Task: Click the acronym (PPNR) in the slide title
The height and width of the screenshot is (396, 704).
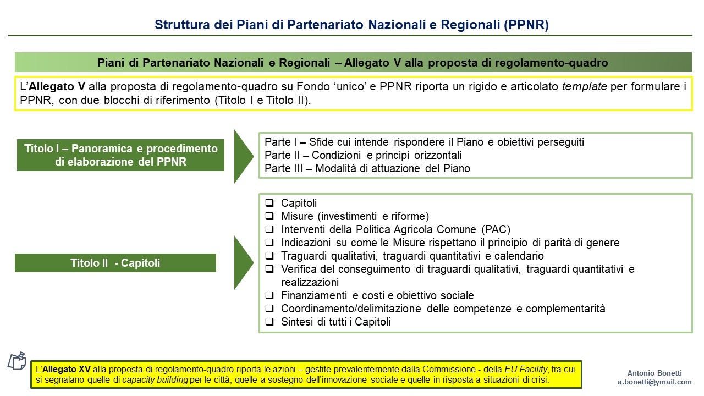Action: (x=526, y=25)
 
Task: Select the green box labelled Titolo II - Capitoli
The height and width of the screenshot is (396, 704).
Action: (x=116, y=263)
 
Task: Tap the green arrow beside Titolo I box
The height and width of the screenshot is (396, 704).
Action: (x=244, y=156)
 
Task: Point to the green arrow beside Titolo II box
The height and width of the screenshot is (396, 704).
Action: (x=244, y=262)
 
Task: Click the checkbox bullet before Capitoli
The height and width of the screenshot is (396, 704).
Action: (x=269, y=203)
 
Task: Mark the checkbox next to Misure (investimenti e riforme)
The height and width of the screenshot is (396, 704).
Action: (x=269, y=216)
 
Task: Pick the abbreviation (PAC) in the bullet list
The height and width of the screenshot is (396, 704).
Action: (x=496, y=229)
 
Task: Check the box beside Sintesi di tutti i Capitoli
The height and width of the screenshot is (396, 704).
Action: (x=269, y=322)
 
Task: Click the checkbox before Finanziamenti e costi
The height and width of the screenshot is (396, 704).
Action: (x=269, y=295)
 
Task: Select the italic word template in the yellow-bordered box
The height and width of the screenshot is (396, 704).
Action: (x=585, y=86)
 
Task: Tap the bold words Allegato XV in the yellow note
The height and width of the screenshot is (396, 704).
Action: (x=67, y=369)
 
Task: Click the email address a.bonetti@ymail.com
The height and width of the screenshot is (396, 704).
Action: (x=654, y=382)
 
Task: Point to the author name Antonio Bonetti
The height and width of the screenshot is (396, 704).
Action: (x=654, y=373)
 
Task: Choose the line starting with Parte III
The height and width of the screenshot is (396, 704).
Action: (x=367, y=168)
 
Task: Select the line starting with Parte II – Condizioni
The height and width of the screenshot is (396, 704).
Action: (x=363, y=155)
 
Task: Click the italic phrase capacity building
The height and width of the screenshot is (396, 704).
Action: (x=155, y=380)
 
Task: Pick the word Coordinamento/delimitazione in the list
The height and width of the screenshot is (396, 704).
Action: (x=351, y=309)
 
